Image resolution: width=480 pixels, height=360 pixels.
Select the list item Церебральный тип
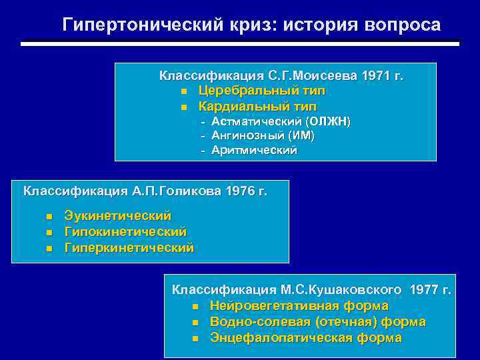[x=261, y=91]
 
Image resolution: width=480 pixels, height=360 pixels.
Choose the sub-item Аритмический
[x=254, y=150]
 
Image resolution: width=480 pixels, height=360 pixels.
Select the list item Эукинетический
[x=117, y=216]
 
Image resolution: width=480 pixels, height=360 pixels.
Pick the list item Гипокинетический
[x=125, y=231]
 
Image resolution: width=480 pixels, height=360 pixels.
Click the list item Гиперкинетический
[x=129, y=247]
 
